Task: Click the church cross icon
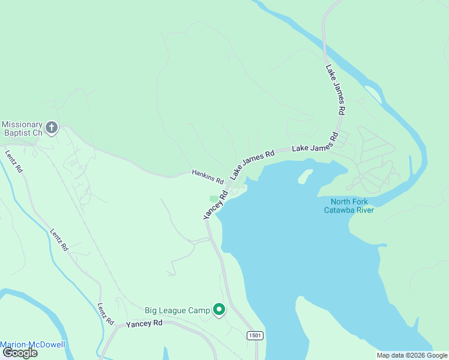[52, 127]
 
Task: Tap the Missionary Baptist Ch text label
[22, 128]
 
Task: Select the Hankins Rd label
[208, 176]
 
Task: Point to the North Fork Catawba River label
[349, 205]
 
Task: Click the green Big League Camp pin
[220, 310]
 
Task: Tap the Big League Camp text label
[177, 310]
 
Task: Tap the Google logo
[19, 353]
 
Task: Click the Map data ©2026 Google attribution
[412, 355]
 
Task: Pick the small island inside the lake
[306, 176]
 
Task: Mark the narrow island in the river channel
[372, 94]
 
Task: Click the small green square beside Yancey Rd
[214, 199]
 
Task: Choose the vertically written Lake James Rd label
[335, 90]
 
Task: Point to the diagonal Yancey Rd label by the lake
[216, 205]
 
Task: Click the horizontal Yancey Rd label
[144, 323]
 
